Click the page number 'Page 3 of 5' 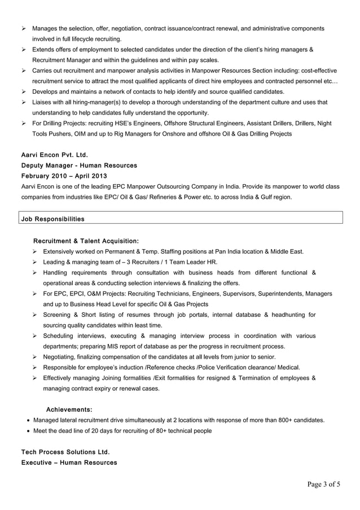(x=324, y=484)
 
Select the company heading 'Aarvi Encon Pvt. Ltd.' (x=54, y=155)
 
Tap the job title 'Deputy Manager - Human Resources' (x=79, y=165)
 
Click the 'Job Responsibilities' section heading (x=52, y=218)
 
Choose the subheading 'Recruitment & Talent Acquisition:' (x=86, y=241)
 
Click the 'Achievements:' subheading (x=69, y=409)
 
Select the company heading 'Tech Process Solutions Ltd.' (x=65, y=452)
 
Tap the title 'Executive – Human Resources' (x=69, y=463)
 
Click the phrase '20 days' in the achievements (x=102, y=431)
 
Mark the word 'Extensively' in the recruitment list (x=61, y=251)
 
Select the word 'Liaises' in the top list (x=43, y=102)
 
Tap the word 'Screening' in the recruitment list (x=60, y=315)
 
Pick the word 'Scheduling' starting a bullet (x=61, y=335)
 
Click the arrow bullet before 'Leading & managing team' (x=35, y=261)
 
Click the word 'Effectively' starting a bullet (x=61, y=378)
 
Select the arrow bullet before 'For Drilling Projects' (x=24, y=123)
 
